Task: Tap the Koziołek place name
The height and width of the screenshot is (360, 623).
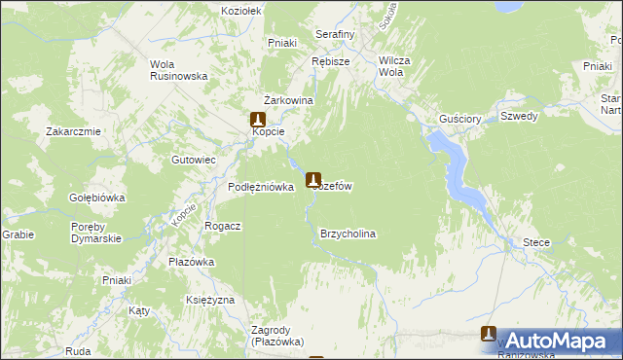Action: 241,9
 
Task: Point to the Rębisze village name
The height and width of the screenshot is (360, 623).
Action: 330,60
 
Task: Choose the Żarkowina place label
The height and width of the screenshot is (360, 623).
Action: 287,100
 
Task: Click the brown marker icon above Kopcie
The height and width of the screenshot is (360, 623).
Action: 258,119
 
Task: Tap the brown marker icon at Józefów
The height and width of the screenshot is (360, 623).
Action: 313,180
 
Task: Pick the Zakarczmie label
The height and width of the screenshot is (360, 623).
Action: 73,131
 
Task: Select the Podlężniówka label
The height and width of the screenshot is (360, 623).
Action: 261,187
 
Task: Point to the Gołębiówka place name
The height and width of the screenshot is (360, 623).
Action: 97,198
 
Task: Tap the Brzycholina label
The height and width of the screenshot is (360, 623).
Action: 348,234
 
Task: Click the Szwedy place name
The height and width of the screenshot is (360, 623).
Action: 519,116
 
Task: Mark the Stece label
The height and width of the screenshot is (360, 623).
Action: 536,242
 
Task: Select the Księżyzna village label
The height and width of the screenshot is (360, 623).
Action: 209,300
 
